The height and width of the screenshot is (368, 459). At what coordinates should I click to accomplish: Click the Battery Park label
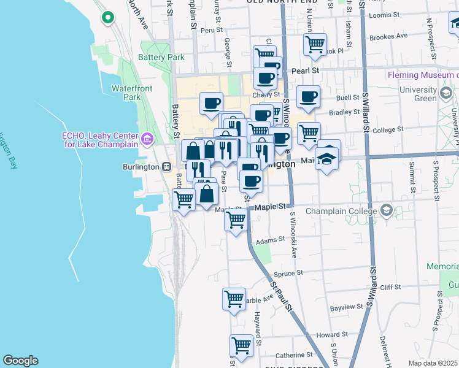point(161,58)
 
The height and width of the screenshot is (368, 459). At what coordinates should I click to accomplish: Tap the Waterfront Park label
point(131,93)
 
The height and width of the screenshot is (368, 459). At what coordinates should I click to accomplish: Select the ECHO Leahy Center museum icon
point(147,139)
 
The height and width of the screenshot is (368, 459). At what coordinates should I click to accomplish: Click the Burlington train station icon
point(166,166)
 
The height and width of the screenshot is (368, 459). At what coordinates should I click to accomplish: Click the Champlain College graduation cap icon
point(386,211)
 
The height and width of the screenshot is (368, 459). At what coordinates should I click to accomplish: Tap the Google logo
point(20,361)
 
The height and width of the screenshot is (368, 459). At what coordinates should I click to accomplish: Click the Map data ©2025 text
point(433,363)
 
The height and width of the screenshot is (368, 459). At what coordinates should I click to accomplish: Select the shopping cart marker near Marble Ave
point(234,299)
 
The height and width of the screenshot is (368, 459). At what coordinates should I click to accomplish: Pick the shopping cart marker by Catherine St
point(242,345)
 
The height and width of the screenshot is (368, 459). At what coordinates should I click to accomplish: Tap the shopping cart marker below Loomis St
point(315,44)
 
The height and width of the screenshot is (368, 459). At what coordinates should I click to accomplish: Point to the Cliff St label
point(390,286)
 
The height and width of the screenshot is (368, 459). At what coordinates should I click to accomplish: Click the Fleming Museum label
point(423,75)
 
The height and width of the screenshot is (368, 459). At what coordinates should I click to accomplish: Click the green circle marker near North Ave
point(109,17)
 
